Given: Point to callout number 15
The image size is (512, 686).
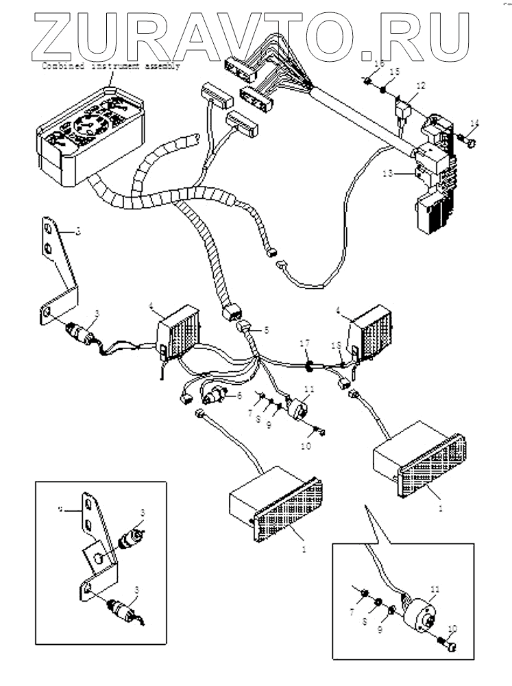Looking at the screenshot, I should [x=394, y=71].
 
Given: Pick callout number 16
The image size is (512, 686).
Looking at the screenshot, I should [x=378, y=64].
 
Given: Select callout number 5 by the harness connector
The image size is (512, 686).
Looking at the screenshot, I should [x=266, y=330].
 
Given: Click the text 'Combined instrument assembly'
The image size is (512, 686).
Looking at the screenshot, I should [x=111, y=67].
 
